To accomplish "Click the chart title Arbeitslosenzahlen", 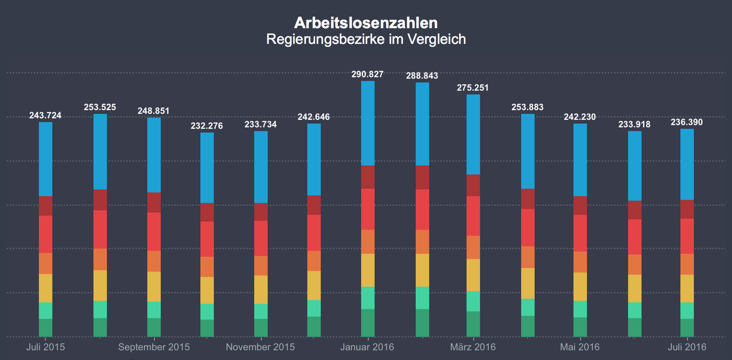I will pos(366,23).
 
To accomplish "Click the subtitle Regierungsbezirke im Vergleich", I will pos(366,40).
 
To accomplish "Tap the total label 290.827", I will pos(367,75).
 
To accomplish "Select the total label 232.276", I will pos(207,126).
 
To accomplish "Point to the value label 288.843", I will pos(422,76).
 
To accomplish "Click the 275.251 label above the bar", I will pos(472,88).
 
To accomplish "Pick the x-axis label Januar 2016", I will pos(367,347).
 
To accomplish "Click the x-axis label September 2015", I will pos(154,347).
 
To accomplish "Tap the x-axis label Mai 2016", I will pos(580,347).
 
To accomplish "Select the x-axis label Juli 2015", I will pos(46,347).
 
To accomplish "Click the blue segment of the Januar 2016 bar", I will pos(368,123).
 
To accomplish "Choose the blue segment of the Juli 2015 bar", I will pos(46,159).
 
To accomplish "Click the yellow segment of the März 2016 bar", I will pos(473,275).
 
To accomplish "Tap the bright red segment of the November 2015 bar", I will pos(261,238).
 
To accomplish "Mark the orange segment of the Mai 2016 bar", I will pos(580,262).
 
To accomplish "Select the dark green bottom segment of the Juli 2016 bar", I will pos(687,328).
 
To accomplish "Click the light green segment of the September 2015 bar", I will pos(154,310).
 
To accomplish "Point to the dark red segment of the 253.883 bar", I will pos(527,199).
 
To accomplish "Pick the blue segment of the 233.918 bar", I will pos(634,166).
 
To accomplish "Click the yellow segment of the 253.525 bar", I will pos(100,285).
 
